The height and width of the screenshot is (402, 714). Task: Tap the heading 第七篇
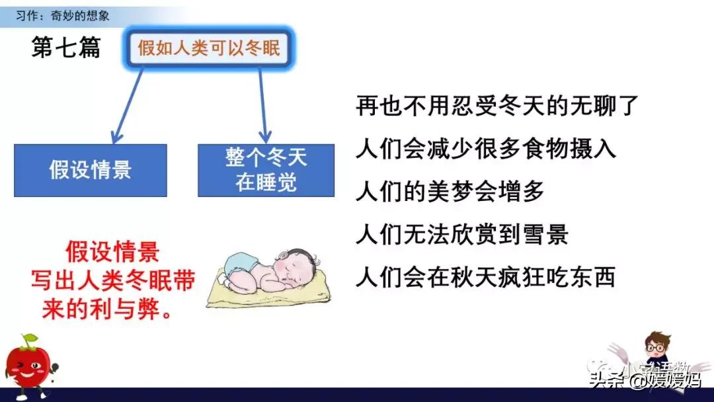[66, 48]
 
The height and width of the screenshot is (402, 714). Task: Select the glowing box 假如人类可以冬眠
[208, 48]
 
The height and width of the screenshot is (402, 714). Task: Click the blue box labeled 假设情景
[91, 170]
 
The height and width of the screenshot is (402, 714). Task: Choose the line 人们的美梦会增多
[450, 192]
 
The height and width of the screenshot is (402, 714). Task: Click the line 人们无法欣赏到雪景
[461, 235]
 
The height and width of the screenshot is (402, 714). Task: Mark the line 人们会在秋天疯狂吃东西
[486, 277]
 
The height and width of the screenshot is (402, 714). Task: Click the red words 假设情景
[112, 252]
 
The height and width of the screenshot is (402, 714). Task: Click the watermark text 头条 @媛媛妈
[645, 380]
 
